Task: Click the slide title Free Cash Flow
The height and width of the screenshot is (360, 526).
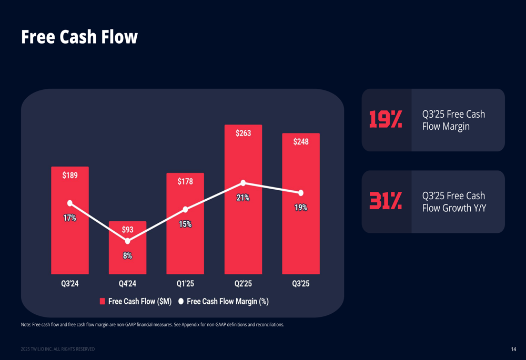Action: coord(79,37)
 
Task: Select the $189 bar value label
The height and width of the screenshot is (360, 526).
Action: coord(70,176)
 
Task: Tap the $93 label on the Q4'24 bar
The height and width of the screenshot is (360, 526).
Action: coord(127,230)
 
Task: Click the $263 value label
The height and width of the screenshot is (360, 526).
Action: coord(243,133)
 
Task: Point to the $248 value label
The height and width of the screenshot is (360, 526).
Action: coord(301,142)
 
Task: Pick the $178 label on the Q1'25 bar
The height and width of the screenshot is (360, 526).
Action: coord(185,181)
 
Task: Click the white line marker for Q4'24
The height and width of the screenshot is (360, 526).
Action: coord(127,241)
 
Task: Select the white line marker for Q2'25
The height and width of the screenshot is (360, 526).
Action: coord(243,183)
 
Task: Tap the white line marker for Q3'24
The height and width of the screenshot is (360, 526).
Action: coord(70,203)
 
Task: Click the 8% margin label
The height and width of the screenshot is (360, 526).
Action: coord(127,256)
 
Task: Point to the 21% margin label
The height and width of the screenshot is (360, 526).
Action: coord(243,198)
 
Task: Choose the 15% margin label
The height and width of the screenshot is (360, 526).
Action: coord(185,224)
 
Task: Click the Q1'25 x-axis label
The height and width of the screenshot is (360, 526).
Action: coord(185,284)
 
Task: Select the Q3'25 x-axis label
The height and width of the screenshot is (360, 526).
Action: coord(301,284)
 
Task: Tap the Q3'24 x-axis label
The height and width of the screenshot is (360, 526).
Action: coord(70,284)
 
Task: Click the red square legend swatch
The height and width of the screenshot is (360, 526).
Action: coord(103,301)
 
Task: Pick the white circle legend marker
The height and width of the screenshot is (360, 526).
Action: coord(181,301)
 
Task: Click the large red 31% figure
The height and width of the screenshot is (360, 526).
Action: coord(386,201)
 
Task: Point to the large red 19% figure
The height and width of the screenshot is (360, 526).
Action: coord(386,120)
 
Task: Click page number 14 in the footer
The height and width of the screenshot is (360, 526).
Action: coord(513,349)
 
